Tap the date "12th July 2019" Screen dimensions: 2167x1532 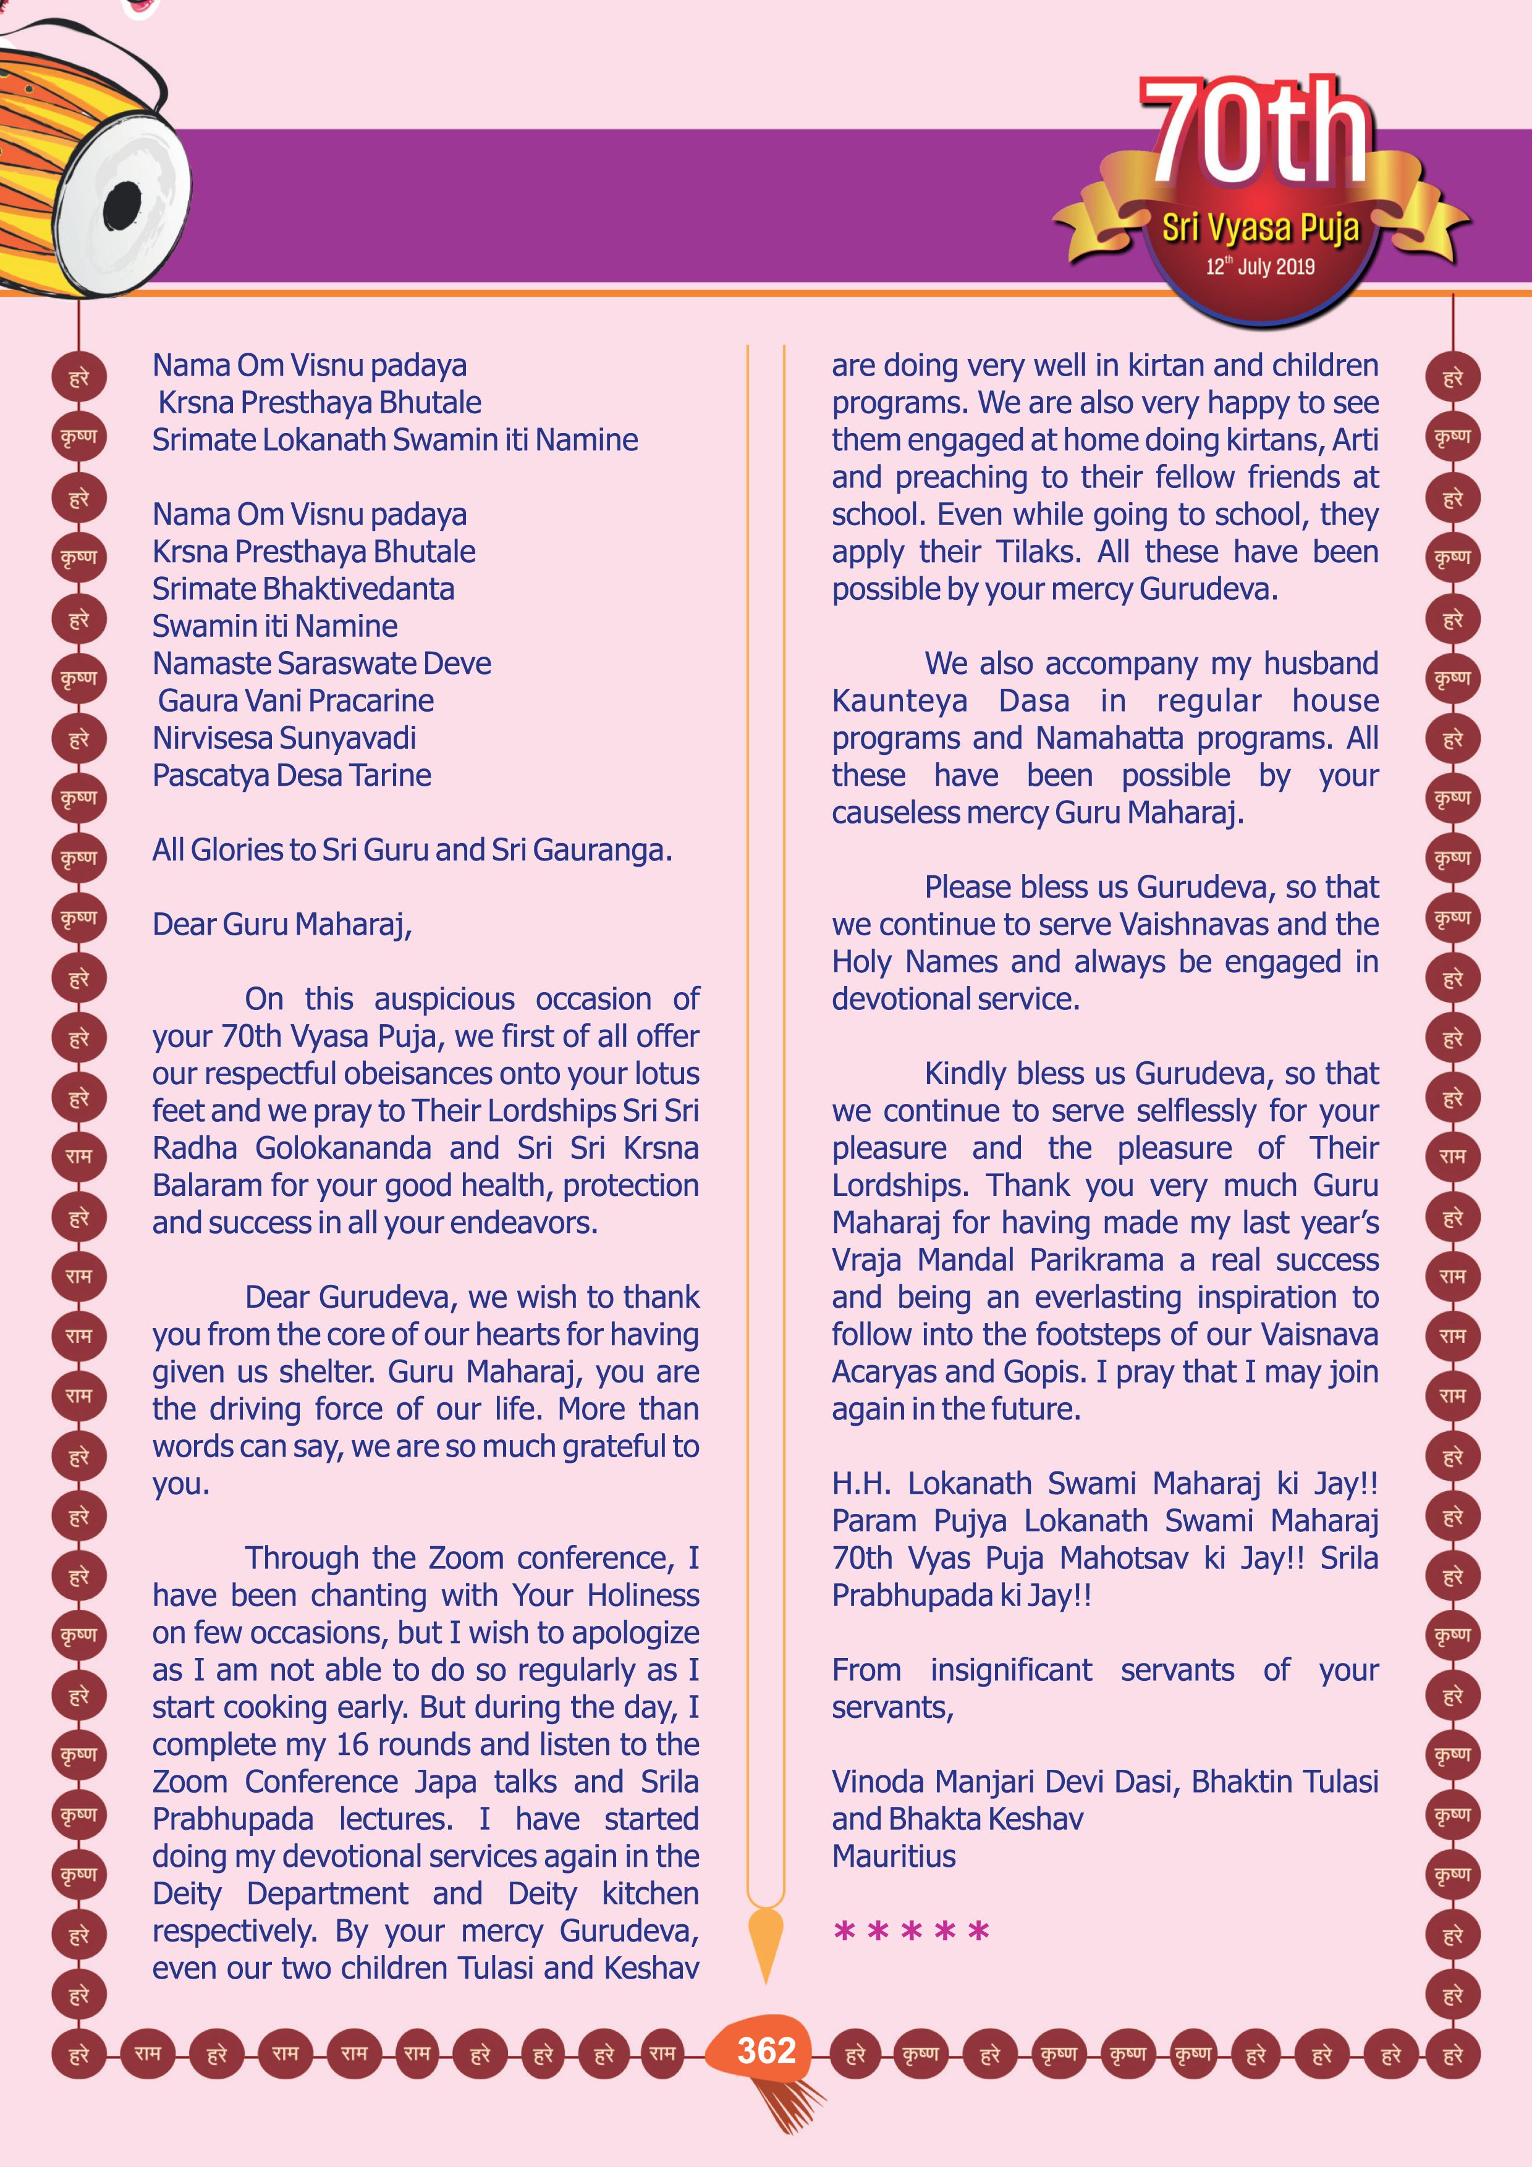coord(1259,267)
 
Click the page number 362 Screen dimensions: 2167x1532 coord(766,2051)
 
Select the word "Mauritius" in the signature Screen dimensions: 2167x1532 coord(893,1856)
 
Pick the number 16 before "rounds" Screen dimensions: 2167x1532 coord(353,1744)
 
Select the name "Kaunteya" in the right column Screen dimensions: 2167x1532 coord(900,701)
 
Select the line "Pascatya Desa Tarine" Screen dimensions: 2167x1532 coord(292,776)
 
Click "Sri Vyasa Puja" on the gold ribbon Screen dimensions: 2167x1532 coord(1259,227)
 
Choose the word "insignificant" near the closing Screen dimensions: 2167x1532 coord(1011,1670)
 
